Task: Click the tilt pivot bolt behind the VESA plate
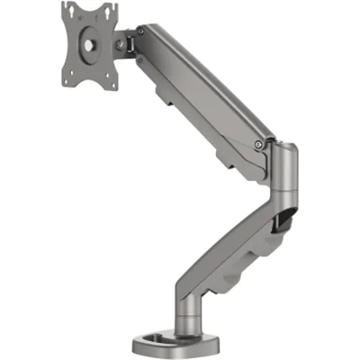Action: coord(120,41)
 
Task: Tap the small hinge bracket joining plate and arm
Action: coord(131,41)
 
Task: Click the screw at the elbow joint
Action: coord(260,142)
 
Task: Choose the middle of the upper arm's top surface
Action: coord(202,81)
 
